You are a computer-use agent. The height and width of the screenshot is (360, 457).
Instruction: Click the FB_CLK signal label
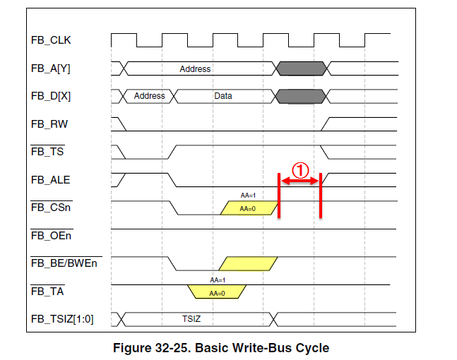tap(51, 40)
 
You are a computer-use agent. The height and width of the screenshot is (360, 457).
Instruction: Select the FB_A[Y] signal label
tap(51, 68)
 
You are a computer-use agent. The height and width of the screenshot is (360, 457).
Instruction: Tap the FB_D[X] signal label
tap(51, 96)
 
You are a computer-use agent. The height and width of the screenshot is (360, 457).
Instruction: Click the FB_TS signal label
tap(47, 152)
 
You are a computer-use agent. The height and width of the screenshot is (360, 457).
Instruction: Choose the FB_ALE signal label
tap(50, 180)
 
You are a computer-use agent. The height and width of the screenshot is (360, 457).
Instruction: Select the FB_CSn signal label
tap(50, 208)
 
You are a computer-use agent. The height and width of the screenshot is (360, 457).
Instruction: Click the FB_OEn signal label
tap(51, 235)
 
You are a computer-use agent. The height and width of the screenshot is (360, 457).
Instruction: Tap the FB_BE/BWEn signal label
tap(64, 263)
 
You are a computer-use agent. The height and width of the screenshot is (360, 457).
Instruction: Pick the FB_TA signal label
tap(47, 291)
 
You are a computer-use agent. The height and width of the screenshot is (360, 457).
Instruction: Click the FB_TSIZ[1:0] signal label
tap(62, 319)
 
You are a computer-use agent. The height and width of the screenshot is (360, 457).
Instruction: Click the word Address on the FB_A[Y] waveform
tap(195, 68)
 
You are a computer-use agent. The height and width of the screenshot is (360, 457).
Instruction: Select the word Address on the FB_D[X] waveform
tap(149, 96)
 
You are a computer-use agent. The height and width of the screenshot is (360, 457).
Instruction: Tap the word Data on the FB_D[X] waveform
tap(223, 96)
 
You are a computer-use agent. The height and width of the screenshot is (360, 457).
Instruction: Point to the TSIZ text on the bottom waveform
tap(192, 319)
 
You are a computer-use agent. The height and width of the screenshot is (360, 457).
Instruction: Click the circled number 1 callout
tap(300, 170)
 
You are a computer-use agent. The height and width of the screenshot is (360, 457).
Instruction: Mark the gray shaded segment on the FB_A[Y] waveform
tap(301, 68)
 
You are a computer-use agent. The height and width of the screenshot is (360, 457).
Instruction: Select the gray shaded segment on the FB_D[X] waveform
tap(301, 96)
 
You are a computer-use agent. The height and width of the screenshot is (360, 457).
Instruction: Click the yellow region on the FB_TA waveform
tap(216, 291)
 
